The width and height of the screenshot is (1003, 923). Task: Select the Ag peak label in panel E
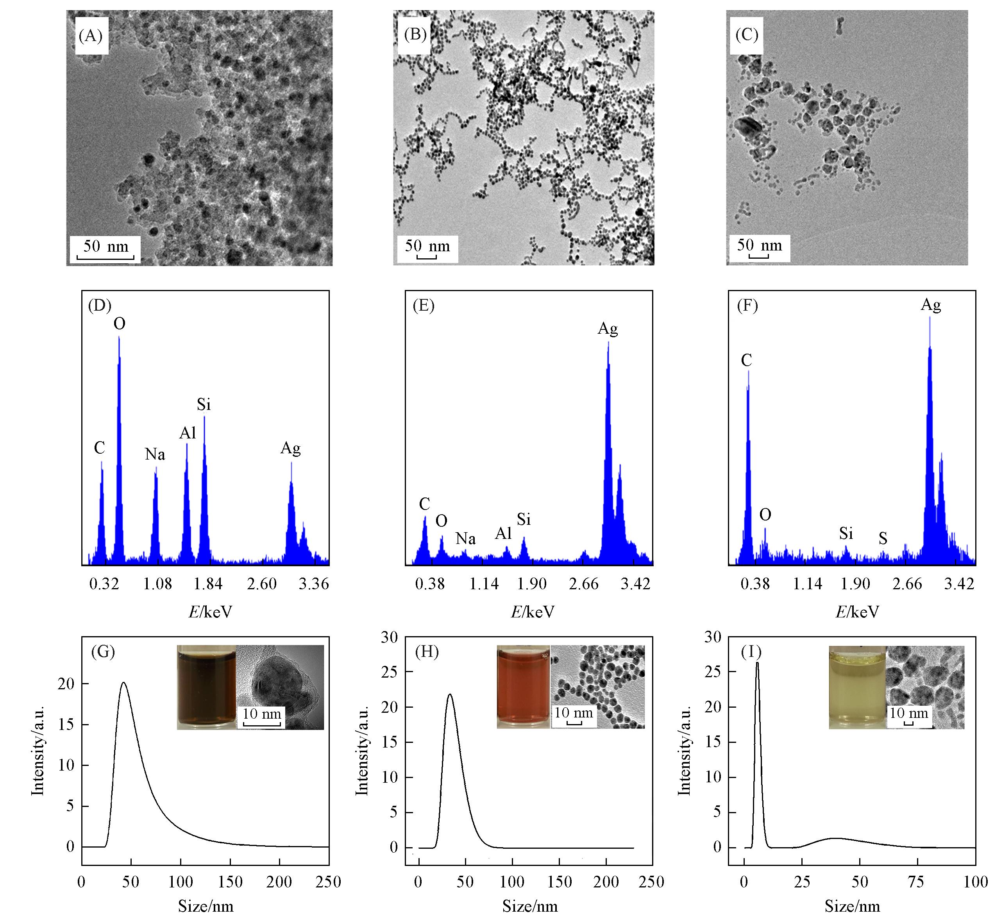(x=608, y=328)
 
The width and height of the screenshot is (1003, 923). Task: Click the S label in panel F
(x=883, y=538)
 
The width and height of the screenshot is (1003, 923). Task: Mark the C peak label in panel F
(x=746, y=360)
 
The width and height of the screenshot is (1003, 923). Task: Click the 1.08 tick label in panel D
(x=157, y=583)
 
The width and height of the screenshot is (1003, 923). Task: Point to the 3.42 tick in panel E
(x=635, y=583)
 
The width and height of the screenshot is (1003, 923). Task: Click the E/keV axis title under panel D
(x=210, y=612)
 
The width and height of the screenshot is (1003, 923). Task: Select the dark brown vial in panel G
(x=206, y=687)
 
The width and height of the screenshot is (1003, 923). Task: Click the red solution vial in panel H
(x=523, y=687)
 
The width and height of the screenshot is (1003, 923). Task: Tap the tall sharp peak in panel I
(x=757, y=663)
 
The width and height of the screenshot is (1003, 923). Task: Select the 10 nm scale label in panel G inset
(x=262, y=713)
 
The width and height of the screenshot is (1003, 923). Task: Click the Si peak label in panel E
(x=524, y=519)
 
